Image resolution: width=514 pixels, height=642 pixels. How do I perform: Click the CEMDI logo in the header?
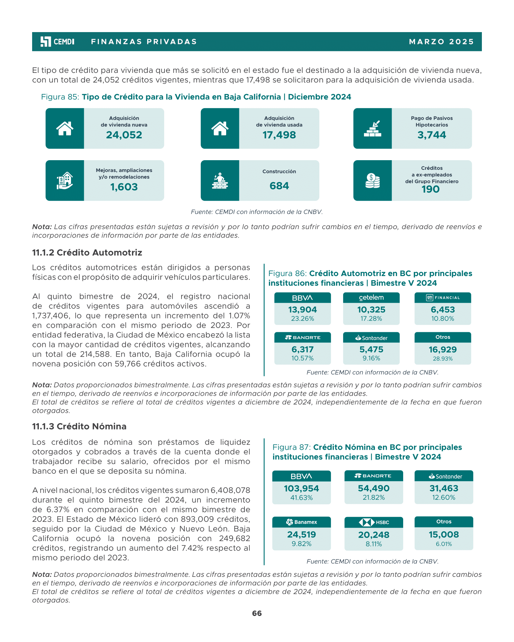(x=58, y=42)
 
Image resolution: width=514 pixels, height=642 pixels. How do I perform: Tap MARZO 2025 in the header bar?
(x=441, y=42)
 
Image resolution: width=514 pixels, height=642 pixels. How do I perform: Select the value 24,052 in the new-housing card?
(x=124, y=135)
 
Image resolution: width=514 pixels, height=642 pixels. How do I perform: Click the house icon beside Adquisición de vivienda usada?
(x=220, y=128)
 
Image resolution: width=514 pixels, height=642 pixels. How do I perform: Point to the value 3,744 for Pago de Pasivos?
(x=432, y=135)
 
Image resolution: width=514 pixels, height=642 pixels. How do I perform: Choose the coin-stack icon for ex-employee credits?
(x=372, y=181)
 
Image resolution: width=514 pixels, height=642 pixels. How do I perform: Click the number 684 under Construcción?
(x=279, y=186)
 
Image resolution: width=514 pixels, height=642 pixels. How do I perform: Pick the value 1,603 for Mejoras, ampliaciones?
(x=124, y=187)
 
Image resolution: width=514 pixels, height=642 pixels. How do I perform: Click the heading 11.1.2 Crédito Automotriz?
(x=87, y=253)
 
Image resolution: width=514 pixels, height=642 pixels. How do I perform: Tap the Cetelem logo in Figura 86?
(x=371, y=298)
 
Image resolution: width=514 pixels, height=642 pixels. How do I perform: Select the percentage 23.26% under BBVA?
(x=302, y=319)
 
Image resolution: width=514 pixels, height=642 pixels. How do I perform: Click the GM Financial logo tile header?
(x=443, y=298)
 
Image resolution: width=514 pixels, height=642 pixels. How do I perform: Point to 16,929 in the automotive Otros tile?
(x=443, y=350)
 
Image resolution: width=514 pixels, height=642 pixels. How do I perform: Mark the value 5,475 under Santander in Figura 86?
(x=371, y=350)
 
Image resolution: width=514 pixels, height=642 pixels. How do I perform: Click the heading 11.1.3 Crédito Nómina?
(x=79, y=426)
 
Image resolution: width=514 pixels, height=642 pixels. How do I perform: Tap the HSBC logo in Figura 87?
(x=374, y=522)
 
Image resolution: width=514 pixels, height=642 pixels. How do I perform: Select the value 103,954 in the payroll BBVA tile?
(x=301, y=489)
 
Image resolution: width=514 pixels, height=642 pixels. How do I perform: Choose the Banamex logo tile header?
(x=301, y=522)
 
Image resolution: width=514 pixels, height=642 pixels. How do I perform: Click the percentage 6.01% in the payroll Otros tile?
(x=444, y=544)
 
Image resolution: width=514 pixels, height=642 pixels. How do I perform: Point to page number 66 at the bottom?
(x=257, y=613)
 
